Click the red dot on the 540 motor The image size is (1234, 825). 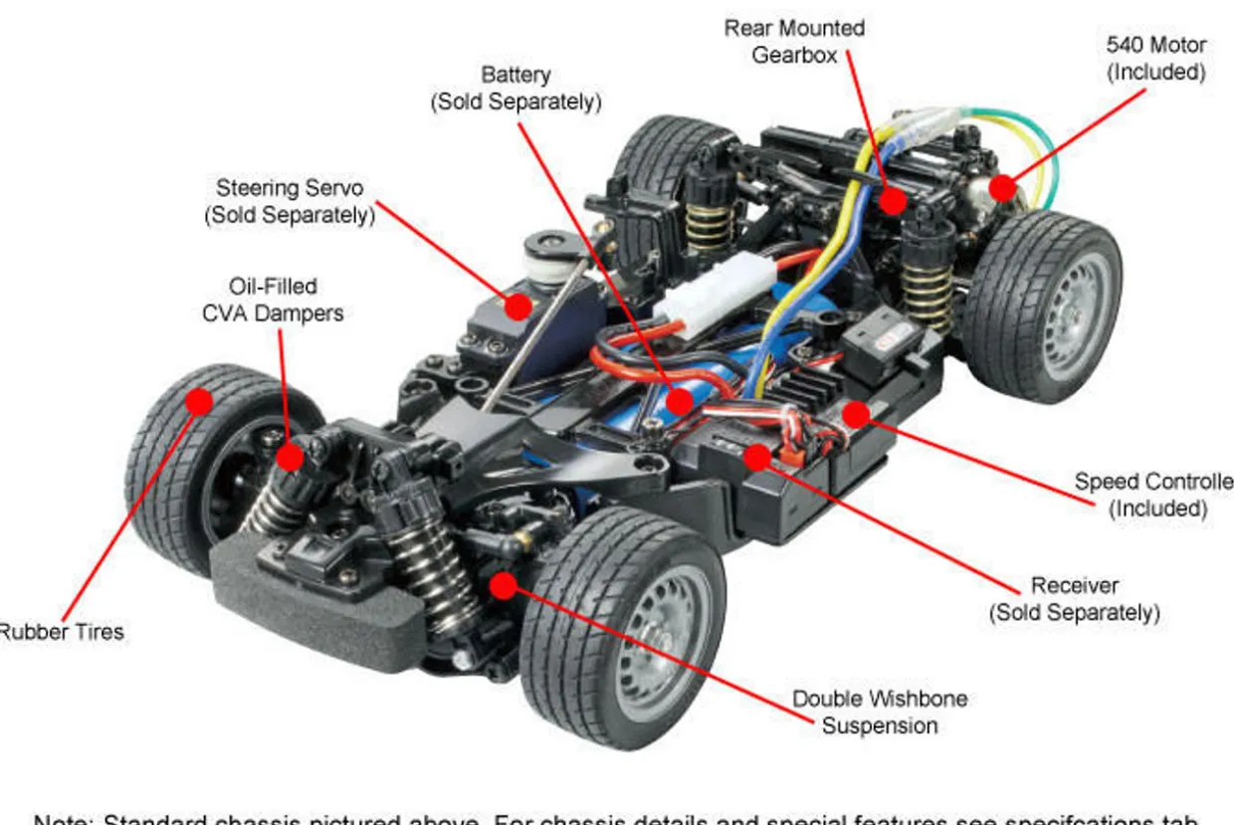pyautogui.click(x=1002, y=187)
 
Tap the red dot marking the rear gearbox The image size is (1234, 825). pyautogui.click(x=893, y=200)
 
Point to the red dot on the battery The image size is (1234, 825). pyautogui.click(x=680, y=400)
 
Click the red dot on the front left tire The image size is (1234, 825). pyautogui.click(x=199, y=401)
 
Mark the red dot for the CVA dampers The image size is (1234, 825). pyautogui.click(x=290, y=457)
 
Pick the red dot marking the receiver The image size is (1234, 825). pyautogui.click(x=757, y=457)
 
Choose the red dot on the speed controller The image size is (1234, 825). pyautogui.click(x=856, y=414)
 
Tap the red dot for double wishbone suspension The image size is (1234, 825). pyautogui.click(x=505, y=585)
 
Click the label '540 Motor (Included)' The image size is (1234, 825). pyautogui.click(x=1155, y=59)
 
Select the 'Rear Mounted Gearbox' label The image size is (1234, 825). pyautogui.click(x=794, y=42)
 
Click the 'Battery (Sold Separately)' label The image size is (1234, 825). pyautogui.click(x=515, y=89)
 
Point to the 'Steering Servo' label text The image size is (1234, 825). pyautogui.click(x=290, y=201)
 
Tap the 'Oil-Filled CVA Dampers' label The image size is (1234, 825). pyautogui.click(x=273, y=300)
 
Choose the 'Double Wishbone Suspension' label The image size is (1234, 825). pyautogui.click(x=880, y=712)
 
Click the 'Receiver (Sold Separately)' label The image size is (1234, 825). pyautogui.click(x=1074, y=599)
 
